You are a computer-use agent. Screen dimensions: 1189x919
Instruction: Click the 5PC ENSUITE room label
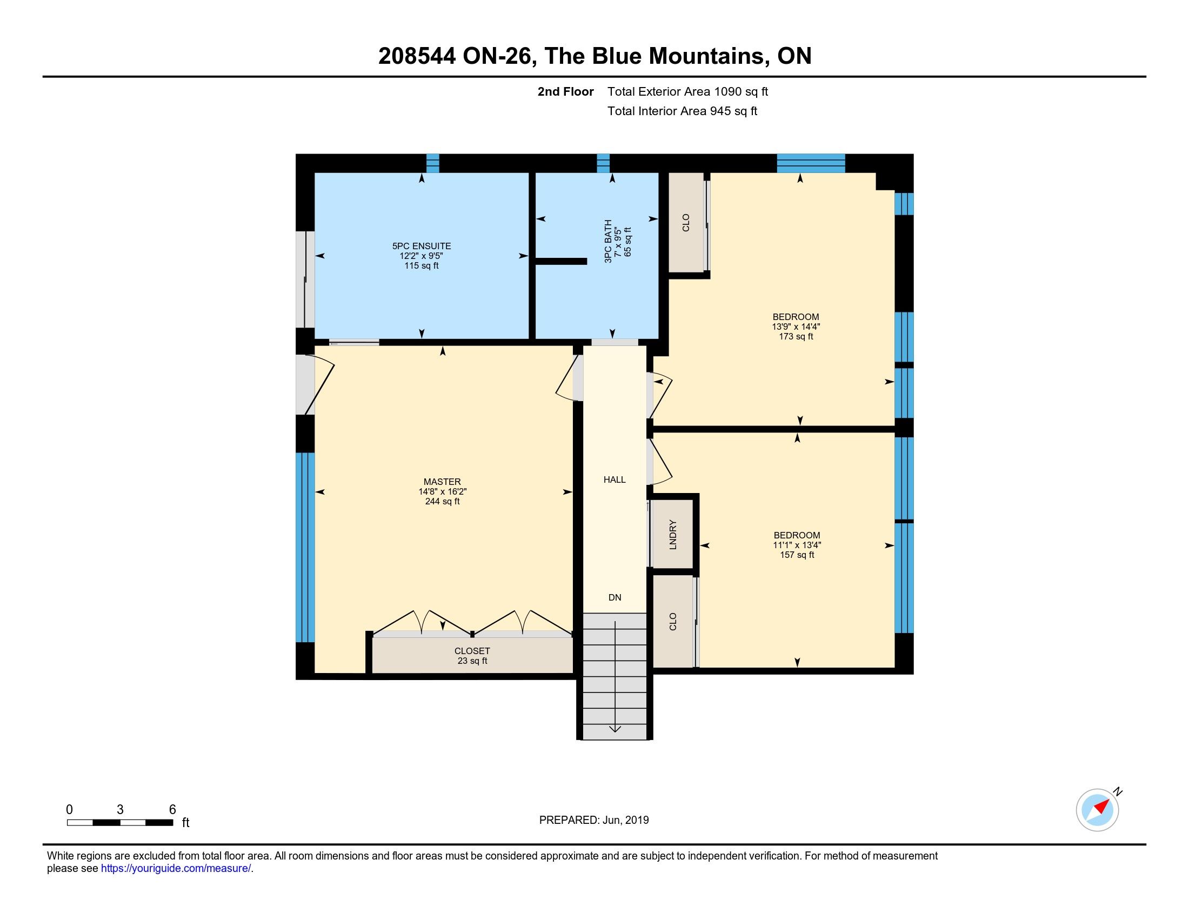tap(422, 246)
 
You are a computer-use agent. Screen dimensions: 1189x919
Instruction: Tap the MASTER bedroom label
tap(442, 481)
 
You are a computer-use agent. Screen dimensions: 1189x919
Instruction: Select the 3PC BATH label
tap(608, 241)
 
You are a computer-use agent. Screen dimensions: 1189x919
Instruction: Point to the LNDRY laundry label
tap(673, 535)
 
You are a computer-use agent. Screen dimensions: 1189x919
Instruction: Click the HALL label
tap(614, 480)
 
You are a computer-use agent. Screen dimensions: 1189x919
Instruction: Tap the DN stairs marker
tap(614, 597)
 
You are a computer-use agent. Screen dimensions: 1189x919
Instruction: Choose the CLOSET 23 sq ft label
tap(472, 656)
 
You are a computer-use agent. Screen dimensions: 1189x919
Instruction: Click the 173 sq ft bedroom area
tap(796, 336)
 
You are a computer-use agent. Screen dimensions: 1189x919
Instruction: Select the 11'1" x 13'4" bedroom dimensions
tap(797, 545)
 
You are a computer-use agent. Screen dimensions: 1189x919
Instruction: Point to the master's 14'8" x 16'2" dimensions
tap(442, 491)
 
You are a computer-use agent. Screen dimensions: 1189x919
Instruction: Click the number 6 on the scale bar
tap(172, 810)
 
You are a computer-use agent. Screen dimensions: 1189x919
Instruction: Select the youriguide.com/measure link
tap(176, 868)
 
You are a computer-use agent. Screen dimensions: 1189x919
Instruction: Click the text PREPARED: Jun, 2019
tap(594, 820)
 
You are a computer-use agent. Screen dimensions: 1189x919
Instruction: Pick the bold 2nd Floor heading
tap(566, 91)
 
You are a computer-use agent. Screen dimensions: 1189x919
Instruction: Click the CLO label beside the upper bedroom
tap(686, 222)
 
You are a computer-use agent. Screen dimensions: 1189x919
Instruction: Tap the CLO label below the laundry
tap(673, 621)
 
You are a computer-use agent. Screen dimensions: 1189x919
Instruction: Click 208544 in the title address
tap(417, 56)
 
